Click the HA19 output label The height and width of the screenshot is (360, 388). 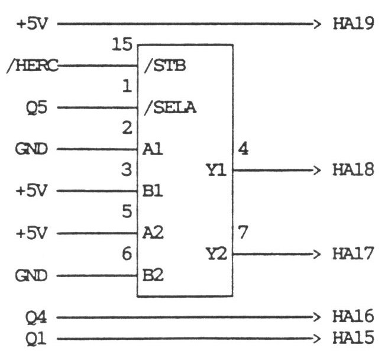click(353, 25)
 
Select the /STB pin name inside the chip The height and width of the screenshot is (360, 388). click(165, 66)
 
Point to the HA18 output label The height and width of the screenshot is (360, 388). click(353, 171)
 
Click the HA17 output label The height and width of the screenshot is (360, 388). click(353, 255)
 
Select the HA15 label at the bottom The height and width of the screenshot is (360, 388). click(353, 339)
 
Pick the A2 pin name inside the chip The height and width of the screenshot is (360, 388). click(152, 233)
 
